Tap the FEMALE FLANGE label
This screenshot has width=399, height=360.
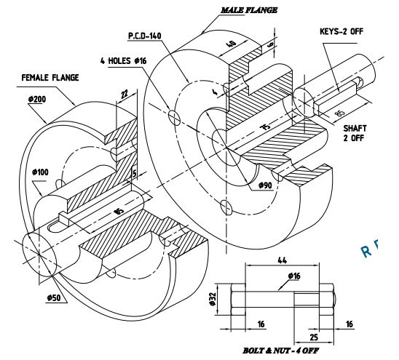coord(50,77)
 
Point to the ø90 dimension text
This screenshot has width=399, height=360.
coord(266,185)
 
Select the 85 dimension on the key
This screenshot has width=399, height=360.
coord(339,113)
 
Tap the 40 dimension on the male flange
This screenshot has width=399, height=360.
coord(232,43)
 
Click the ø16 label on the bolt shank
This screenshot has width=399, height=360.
coord(294,276)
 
